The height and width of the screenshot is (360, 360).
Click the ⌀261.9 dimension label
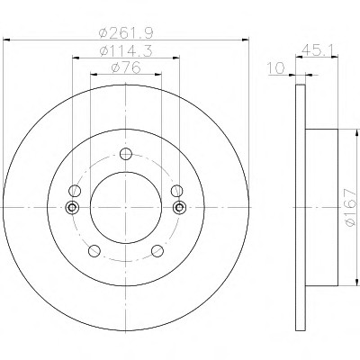coord(126,32)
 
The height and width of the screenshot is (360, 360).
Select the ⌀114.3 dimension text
coord(126,50)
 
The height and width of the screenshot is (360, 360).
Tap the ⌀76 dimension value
coord(126,67)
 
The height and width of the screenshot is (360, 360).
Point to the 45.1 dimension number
coord(318,49)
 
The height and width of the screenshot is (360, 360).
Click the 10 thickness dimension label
coord(276,68)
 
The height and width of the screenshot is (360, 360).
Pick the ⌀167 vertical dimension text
coord(351,207)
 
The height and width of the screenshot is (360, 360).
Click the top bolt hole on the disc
coord(126,154)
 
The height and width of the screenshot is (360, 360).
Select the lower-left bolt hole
coord(94,251)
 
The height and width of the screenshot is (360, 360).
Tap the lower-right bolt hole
coord(157,251)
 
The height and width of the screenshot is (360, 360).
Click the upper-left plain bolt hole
coord(75,191)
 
